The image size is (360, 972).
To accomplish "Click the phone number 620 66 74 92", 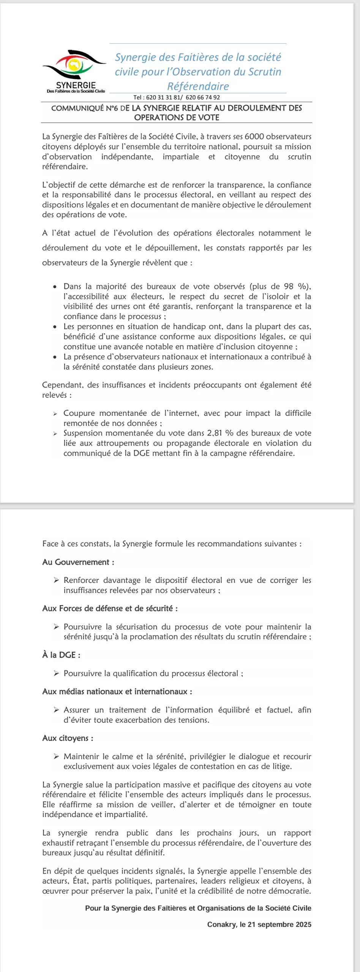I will click(203, 98).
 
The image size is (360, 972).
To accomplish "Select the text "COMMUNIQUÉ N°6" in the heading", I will click(85, 108).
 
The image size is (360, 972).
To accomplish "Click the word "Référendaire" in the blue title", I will click(198, 86).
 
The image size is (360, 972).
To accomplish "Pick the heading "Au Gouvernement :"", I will click(78, 562).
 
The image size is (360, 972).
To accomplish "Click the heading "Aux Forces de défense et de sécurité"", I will click(110, 608).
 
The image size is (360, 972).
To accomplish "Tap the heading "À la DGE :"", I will click(61, 655).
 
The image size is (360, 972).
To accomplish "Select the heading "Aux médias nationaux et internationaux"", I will click(117, 691).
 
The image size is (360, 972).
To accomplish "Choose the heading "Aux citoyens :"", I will click(68, 738).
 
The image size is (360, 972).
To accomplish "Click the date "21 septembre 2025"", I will click(279, 925).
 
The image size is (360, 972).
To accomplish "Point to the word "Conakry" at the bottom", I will click(221, 925).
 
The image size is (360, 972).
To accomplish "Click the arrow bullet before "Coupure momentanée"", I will click(55, 413).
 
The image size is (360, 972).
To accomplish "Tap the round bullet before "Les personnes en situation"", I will click(55, 327).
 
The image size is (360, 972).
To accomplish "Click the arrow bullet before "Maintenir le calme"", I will click(56, 756).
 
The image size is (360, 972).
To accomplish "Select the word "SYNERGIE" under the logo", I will click(76, 85).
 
